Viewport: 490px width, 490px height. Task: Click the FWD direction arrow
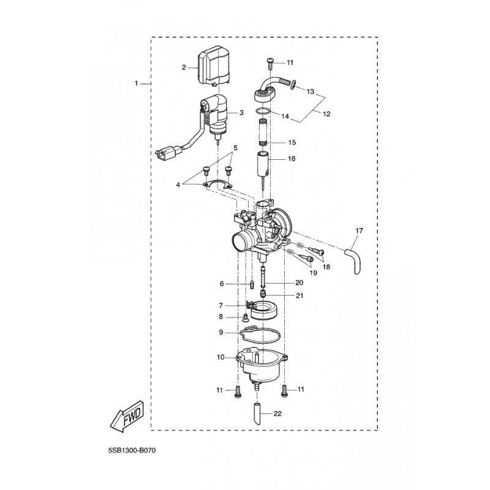click(127, 417)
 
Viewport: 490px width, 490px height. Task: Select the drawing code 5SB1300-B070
click(132, 451)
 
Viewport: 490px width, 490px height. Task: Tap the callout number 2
click(184, 67)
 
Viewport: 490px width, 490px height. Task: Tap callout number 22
click(277, 414)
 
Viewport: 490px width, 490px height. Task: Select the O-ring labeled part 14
click(262, 111)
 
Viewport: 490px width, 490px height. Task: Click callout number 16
click(292, 159)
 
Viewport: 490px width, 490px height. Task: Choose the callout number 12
click(326, 114)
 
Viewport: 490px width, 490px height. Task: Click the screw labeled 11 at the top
click(270, 64)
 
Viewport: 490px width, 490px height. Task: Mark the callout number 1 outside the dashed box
click(136, 83)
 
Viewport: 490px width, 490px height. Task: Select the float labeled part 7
click(262, 311)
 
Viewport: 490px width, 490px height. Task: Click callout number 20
click(299, 282)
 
